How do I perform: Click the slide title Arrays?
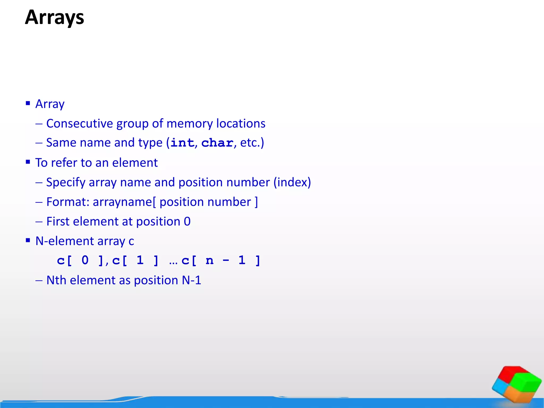coord(54,18)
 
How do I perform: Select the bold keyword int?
coord(182,143)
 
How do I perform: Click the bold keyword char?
coord(217,143)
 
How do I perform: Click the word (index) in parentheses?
coord(292,182)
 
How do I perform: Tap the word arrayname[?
coord(124,202)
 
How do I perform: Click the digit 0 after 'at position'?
coord(187,222)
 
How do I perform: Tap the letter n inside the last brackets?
coord(210,260)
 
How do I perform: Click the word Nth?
coord(56,280)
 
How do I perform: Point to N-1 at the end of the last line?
coord(192,280)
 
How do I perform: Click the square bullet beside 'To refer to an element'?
coord(28,162)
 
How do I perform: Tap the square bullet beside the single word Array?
coord(28,103)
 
